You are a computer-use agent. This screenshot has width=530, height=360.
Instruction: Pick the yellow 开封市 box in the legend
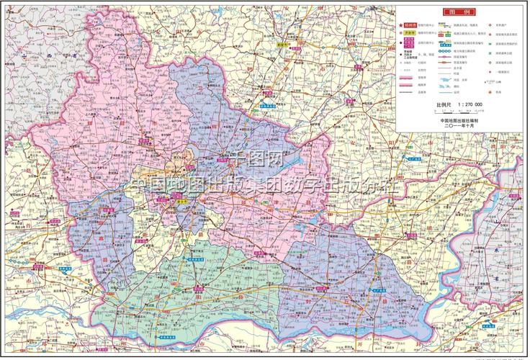410,33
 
